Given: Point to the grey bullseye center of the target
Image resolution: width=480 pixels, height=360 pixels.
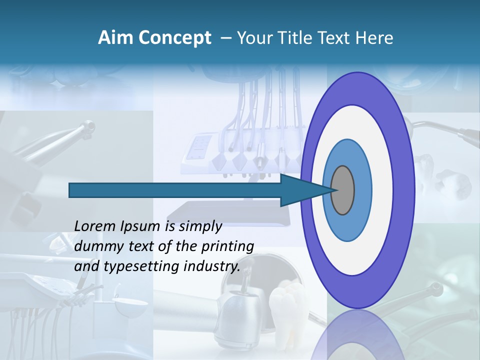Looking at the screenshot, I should [343, 190].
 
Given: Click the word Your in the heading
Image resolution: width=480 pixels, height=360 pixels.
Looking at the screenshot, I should [252, 38].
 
